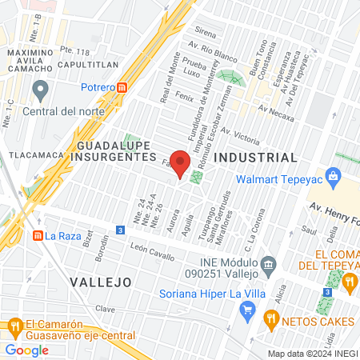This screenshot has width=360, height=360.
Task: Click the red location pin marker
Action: point(181,163)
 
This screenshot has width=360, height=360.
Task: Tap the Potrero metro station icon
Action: point(122,87)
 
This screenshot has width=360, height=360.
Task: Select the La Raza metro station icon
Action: point(37,235)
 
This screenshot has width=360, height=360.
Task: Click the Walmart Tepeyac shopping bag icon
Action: point(334,174)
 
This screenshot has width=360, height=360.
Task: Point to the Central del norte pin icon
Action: point(41,87)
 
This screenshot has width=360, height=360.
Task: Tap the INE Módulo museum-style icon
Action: point(269,263)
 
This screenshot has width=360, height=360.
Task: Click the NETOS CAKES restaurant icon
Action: point(271,321)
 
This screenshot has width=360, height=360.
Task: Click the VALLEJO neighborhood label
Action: point(100,282)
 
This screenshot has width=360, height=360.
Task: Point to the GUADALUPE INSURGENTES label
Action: point(117,152)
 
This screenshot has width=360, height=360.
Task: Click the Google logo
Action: point(27,350)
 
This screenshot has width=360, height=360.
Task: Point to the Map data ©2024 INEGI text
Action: point(312,354)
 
